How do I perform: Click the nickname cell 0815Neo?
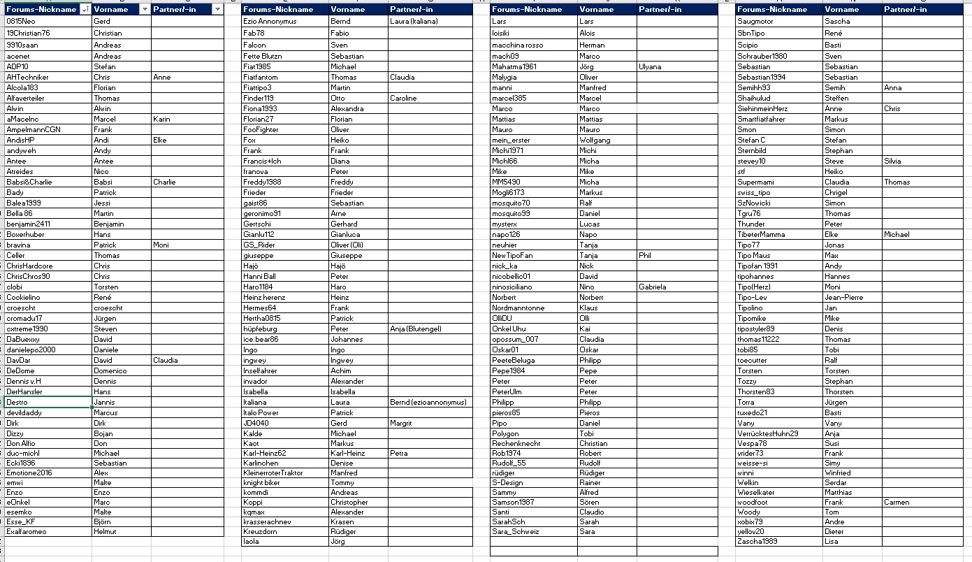coord(21,22)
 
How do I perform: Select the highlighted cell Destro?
coord(17,402)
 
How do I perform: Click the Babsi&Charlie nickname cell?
coord(29,182)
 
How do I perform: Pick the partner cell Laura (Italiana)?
coord(414,22)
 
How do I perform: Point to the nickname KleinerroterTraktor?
coord(273,473)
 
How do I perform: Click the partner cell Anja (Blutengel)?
coord(416,329)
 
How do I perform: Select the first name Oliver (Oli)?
coord(347,245)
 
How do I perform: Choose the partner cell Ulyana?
coord(650,66)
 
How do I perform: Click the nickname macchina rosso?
coord(516,45)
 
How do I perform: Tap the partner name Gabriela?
coord(653,287)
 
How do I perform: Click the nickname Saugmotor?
coord(755,22)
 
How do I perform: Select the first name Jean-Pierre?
coord(843,297)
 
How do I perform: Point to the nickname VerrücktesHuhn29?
coord(768,433)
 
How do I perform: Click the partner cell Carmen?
coord(897,502)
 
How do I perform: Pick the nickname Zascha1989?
coord(756,541)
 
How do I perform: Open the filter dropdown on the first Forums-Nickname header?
coord(85,9)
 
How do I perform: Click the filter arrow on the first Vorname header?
coord(145,9)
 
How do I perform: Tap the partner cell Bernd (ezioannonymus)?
coord(428,402)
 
